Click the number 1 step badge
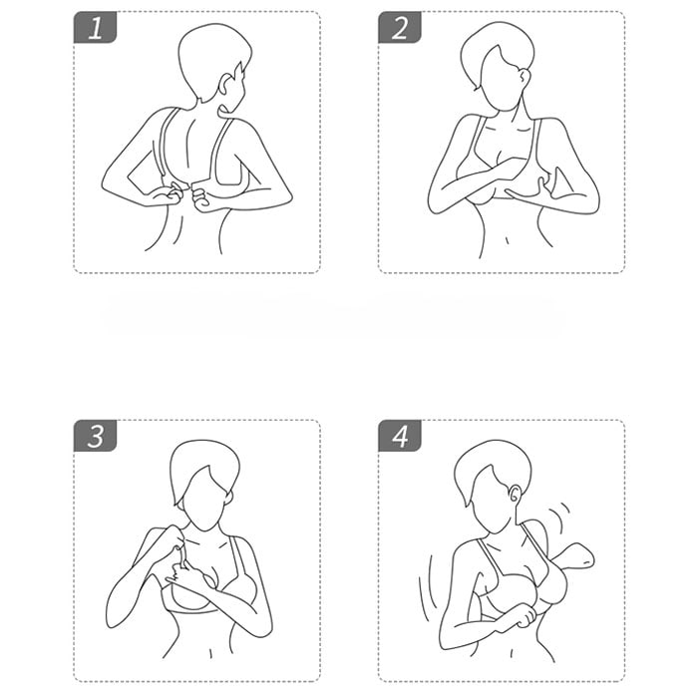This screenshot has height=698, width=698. pyautogui.click(x=95, y=27)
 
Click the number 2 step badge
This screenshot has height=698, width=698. pyautogui.click(x=399, y=27)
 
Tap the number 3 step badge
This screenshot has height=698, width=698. pyautogui.click(x=95, y=436)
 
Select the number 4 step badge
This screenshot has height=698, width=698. pyautogui.click(x=399, y=436)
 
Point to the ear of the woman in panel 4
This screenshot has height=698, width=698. pyautogui.click(x=515, y=495)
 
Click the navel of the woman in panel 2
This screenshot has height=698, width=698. pyautogui.click(x=507, y=241)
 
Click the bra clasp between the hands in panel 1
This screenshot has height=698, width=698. pyautogui.click(x=186, y=188)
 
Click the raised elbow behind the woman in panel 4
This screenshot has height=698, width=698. pyautogui.click(x=577, y=556)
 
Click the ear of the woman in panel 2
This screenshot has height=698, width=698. pyautogui.click(x=525, y=77)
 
